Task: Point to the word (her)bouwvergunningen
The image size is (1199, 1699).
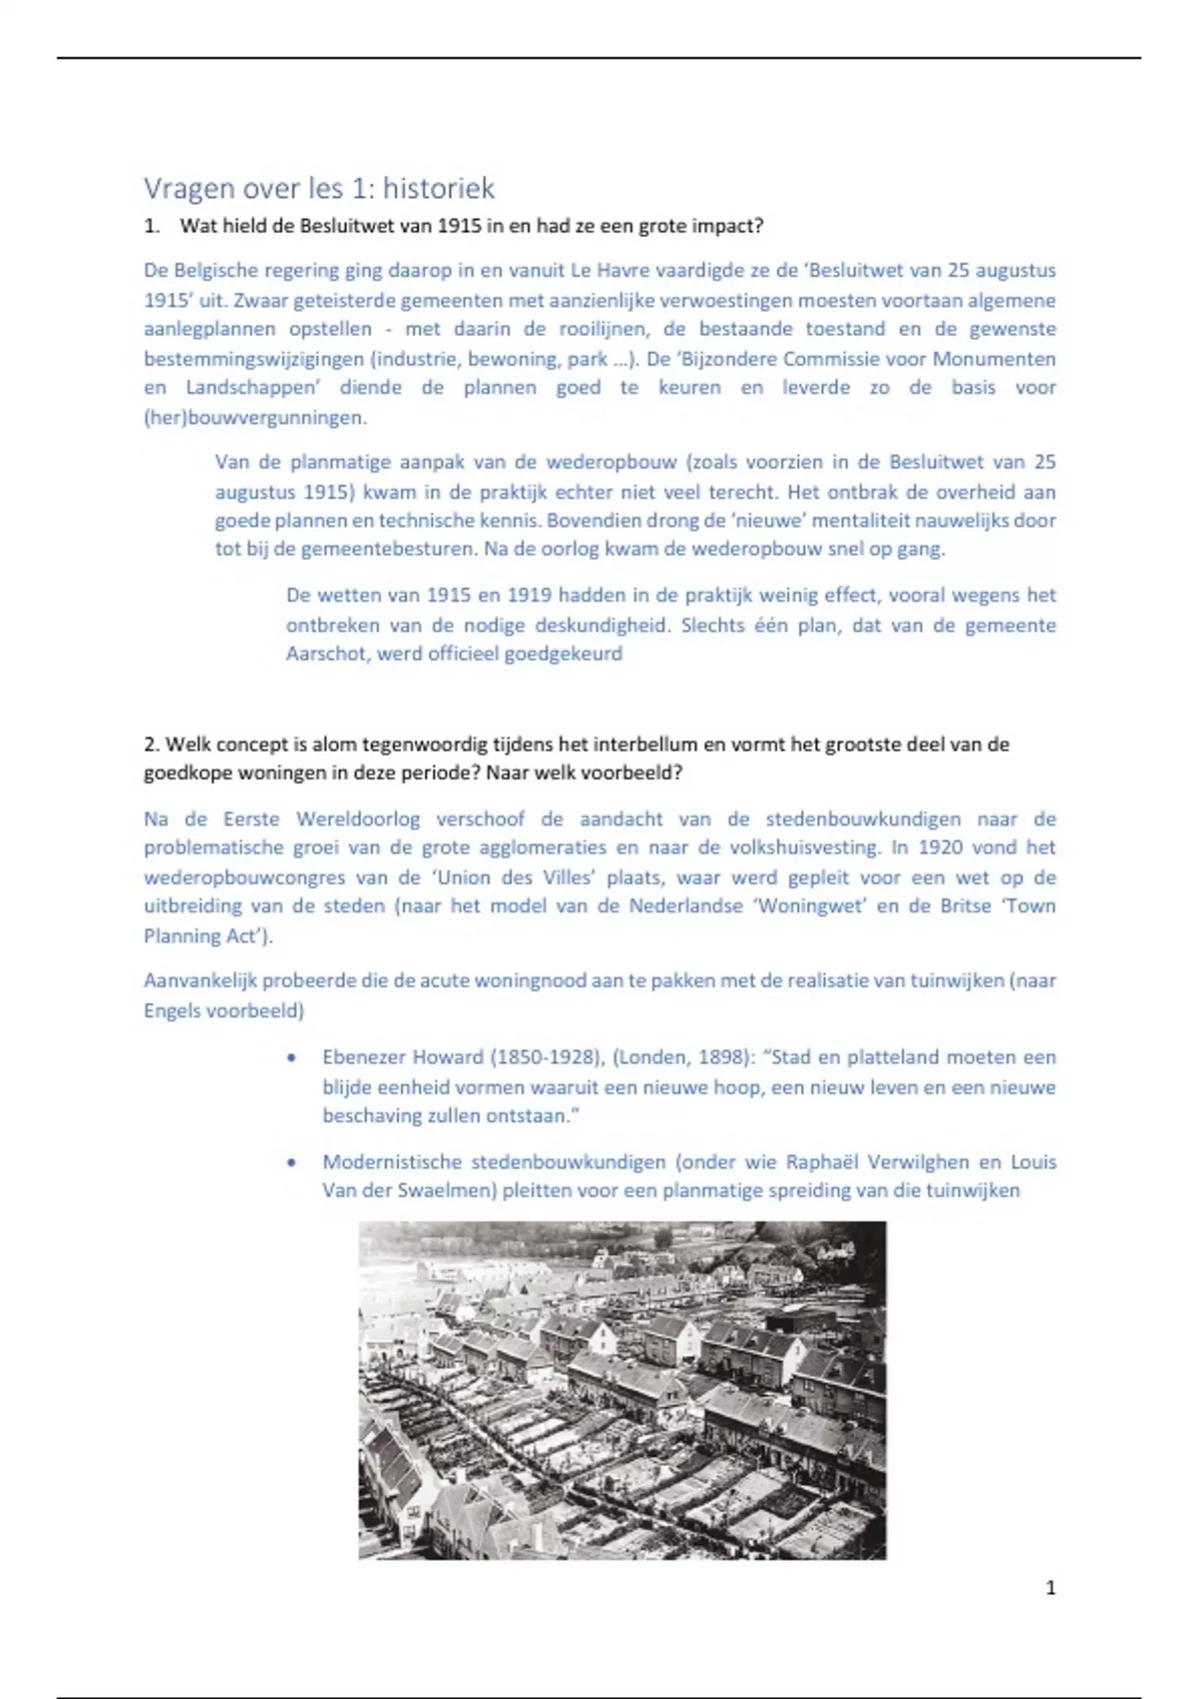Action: [x=255, y=418]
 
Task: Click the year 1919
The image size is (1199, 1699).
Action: [x=530, y=596]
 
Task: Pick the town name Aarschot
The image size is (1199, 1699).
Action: [x=326, y=654]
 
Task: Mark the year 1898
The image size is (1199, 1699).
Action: [x=720, y=1057]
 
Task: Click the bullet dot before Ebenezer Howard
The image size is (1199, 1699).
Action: [x=291, y=1057]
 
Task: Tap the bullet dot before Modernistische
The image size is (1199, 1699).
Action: [x=291, y=1162]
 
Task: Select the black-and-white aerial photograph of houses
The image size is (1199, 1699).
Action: [x=621, y=1389]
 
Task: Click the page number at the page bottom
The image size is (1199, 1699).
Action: [x=1050, y=1588]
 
